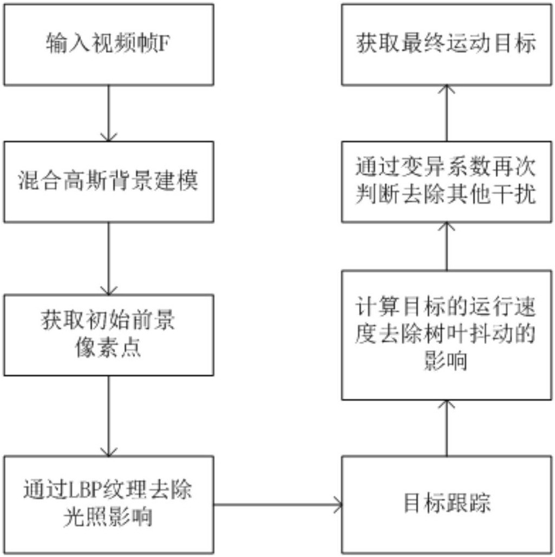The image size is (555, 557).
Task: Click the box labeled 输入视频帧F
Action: (108, 45)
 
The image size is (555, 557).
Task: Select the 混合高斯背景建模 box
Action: (108, 182)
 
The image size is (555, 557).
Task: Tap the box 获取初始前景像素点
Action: (108, 335)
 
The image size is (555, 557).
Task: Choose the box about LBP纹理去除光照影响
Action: (108, 505)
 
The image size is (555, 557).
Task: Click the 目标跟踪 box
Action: (447, 505)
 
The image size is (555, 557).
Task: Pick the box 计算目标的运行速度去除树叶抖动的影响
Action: (447, 335)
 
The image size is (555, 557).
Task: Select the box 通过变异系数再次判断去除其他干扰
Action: (447, 182)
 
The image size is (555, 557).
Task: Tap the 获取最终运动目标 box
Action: (447, 45)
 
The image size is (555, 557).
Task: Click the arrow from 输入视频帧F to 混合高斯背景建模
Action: (108, 113)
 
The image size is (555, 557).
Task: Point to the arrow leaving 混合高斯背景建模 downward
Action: (108, 259)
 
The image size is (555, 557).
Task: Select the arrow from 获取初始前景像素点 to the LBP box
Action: (108, 416)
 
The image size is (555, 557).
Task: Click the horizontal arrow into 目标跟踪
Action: (278, 505)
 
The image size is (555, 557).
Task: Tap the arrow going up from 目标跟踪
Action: (447, 428)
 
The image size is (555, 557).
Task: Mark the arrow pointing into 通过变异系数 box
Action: (447, 247)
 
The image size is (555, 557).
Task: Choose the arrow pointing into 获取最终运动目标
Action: (447, 113)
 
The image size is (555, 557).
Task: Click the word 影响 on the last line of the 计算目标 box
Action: (446, 361)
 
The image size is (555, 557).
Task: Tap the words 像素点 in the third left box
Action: (108, 347)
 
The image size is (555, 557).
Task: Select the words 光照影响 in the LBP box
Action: (108, 516)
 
